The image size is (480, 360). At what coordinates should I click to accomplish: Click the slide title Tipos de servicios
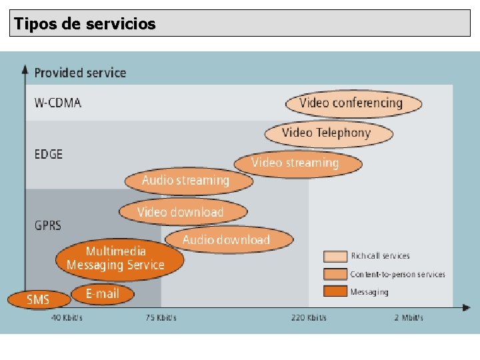tap(85, 24)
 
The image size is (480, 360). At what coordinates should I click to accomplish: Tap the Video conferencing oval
tap(353, 103)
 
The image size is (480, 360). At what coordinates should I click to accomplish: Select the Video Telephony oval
tap(328, 133)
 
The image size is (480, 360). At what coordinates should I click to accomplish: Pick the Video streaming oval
tap(297, 163)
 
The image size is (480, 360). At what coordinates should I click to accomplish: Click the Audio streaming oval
tap(187, 181)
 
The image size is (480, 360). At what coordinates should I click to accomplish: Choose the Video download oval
tap(182, 213)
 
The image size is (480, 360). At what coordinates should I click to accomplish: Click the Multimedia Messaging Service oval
tap(117, 259)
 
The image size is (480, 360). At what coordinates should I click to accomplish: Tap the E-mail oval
tap(103, 293)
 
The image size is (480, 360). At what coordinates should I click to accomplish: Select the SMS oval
tap(38, 299)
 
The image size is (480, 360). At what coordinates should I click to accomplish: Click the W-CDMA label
tap(58, 103)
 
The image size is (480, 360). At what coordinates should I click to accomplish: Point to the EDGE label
tap(49, 154)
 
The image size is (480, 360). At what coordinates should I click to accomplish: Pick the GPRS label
tap(48, 225)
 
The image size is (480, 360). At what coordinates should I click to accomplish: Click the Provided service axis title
tap(80, 73)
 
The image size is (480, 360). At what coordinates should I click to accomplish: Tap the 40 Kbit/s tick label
tap(67, 318)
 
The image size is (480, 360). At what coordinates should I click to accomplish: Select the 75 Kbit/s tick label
tap(161, 318)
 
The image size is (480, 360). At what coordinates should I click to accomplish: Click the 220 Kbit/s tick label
tap(309, 318)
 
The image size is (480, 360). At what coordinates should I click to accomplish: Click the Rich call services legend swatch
tap(335, 256)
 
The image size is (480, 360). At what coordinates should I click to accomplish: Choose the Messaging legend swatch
tap(335, 291)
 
